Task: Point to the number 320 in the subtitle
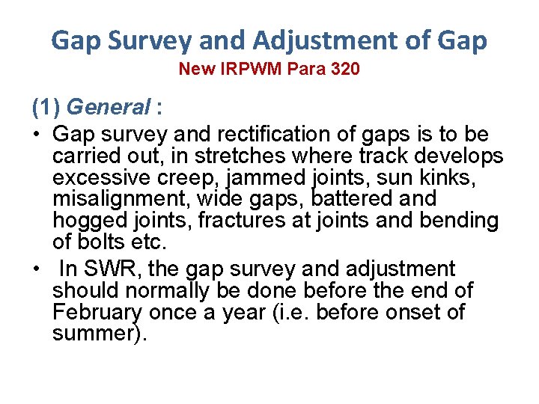[343, 70]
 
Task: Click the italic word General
[113, 108]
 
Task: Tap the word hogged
[91, 221]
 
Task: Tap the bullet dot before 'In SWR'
[36, 269]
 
